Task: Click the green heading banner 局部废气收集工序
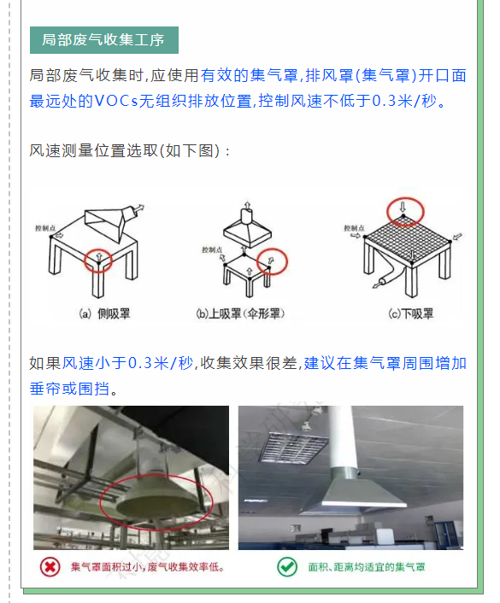(x=104, y=40)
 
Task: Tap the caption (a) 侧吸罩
(x=104, y=313)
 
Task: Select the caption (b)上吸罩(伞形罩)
(x=240, y=313)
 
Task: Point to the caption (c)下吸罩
(x=411, y=313)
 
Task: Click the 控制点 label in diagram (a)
(x=45, y=228)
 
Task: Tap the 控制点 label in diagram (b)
(x=212, y=250)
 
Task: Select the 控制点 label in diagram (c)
(x=354, y=228)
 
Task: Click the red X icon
(x=50, y=567)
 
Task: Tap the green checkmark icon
(x=287, y=567)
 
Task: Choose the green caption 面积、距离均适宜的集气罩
(x=367, y=567)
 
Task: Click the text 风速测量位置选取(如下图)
(x=124, y=150)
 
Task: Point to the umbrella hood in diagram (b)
(x=247, y=230)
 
